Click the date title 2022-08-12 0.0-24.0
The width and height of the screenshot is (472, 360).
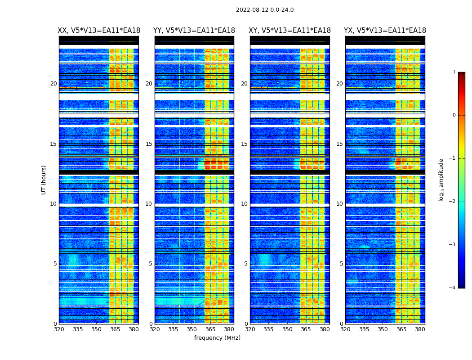(x=265, y=10)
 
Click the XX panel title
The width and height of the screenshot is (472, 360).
(x=99, y=31)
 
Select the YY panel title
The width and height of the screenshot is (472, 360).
(x=194, y=31)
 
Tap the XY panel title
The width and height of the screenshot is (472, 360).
(x=290, y=31)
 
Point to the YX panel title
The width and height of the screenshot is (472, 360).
(x=385, y=31)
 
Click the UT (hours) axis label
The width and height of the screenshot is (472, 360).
(x=44, y=180)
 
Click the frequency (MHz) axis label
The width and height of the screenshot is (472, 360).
(x=217, y=338)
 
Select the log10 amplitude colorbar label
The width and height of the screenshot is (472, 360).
(x=441, y=180)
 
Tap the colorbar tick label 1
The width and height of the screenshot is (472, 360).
(x=454, y=72)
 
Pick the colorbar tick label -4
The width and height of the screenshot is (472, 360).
(x=453, y=288)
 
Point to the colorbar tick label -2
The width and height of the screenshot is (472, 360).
(x=453, y=202)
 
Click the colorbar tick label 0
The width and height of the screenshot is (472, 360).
(x=454, y=115)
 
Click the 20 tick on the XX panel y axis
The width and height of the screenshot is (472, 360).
(x=53, y=84)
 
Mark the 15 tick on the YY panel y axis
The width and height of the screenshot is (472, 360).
(x=149, y=144)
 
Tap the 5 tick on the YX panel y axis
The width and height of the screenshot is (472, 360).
(x=341, y=264)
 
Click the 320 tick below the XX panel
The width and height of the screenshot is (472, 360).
(x=59, y=329)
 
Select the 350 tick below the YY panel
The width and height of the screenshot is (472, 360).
(x=192, y=329)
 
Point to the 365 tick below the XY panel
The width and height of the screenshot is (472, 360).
(x=306, y=329)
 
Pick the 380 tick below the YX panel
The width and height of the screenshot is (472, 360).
(x=420, y=329)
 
